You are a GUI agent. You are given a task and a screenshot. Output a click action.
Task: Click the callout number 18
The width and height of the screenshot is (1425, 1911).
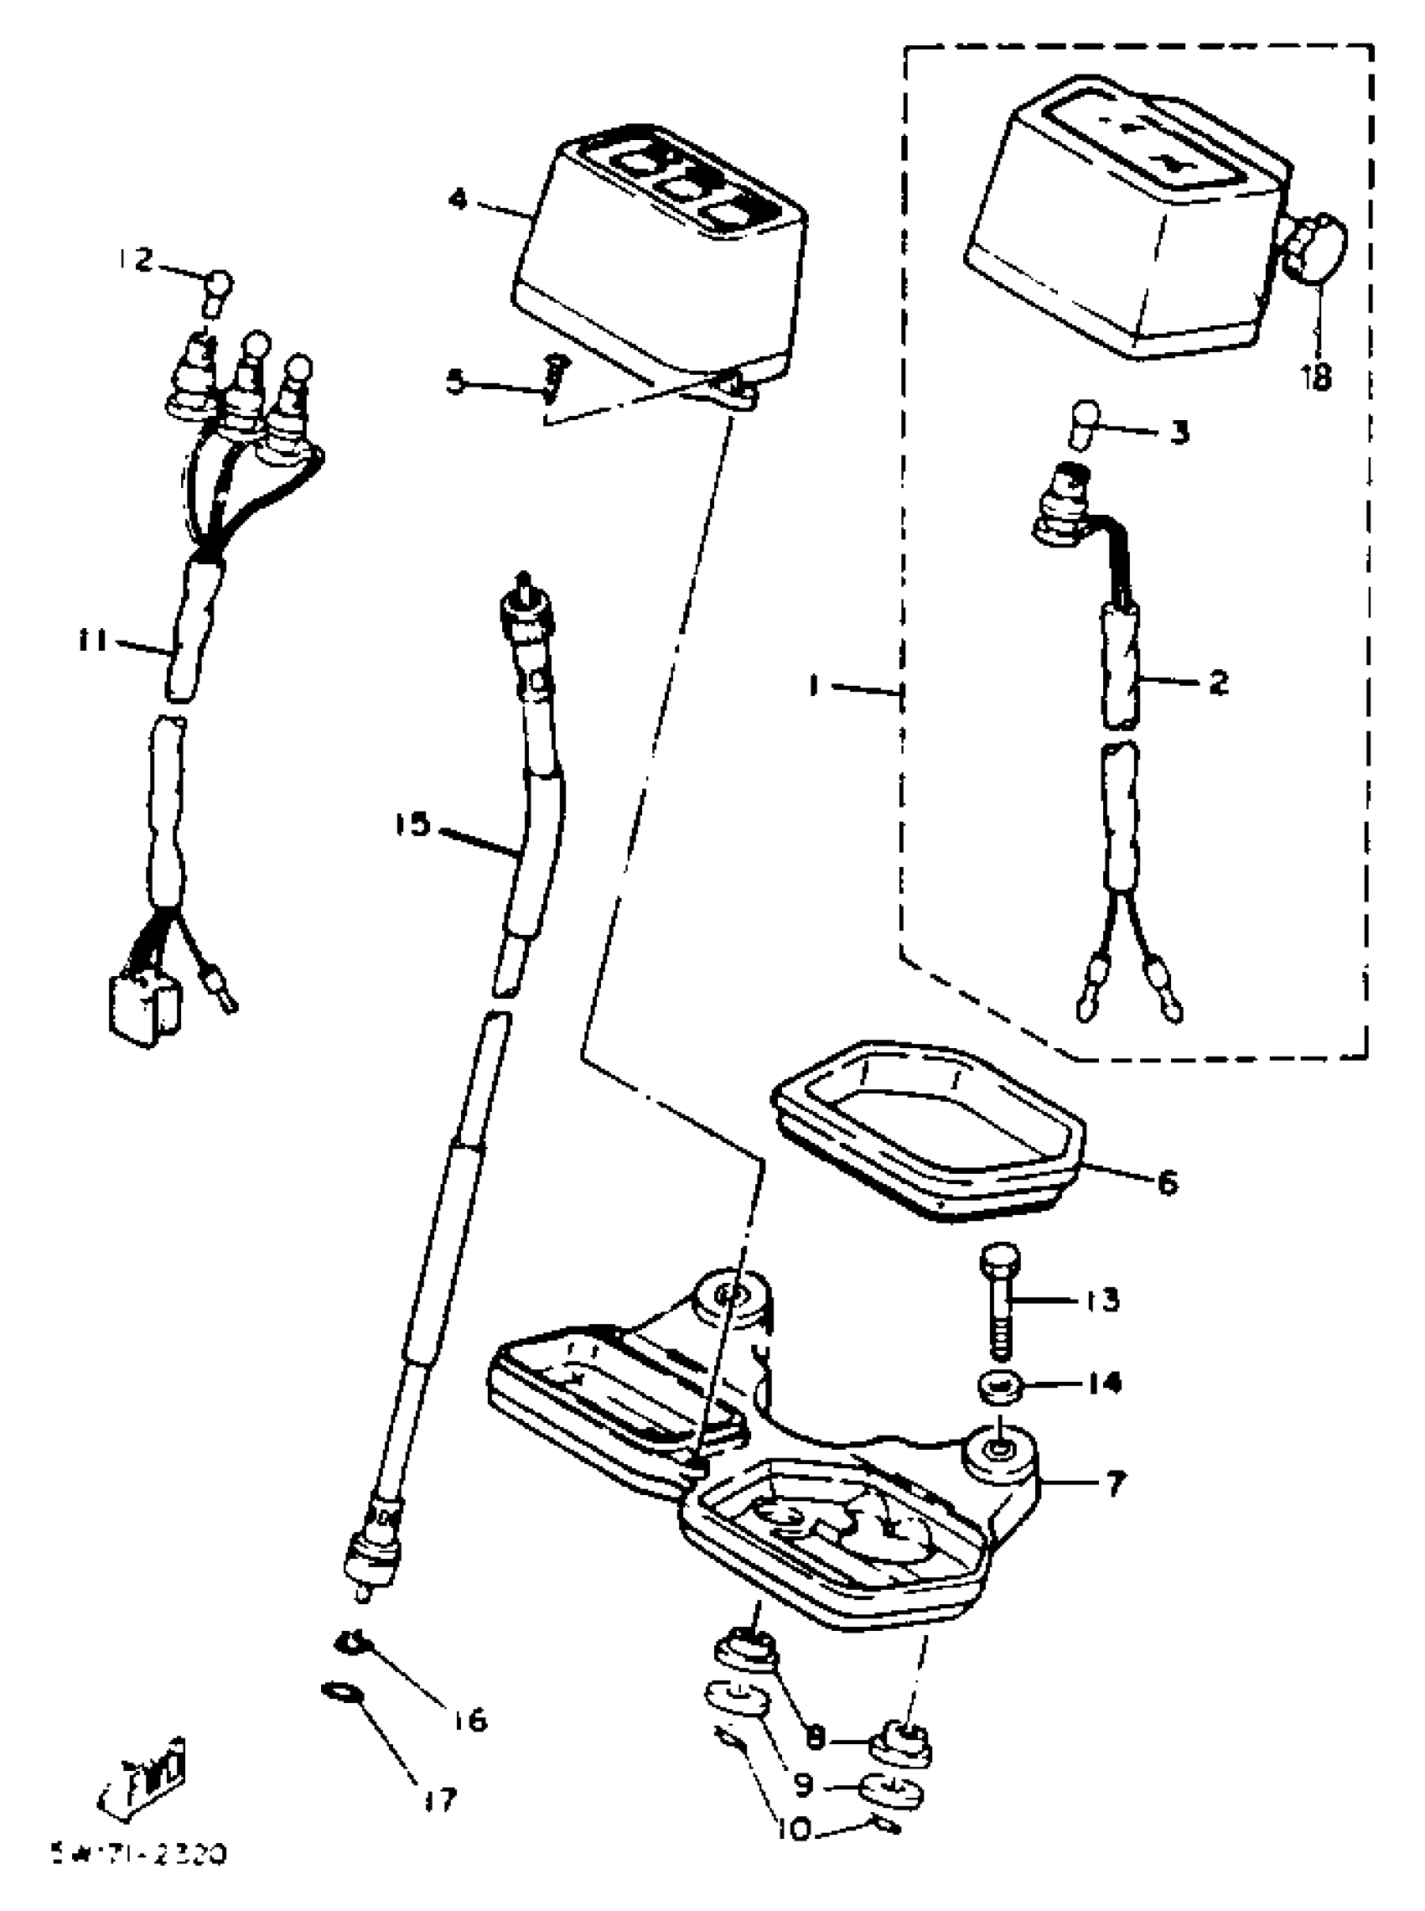pos(1317,377)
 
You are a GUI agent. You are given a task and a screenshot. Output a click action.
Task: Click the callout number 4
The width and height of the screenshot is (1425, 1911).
pos(457,200)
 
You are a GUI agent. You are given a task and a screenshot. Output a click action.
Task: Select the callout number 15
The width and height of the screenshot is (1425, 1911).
pos(412,825)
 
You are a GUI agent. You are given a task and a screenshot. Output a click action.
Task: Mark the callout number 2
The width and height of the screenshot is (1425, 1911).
pos(1218,683)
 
